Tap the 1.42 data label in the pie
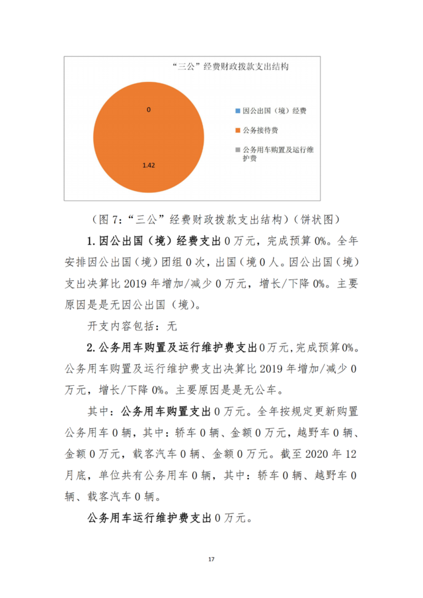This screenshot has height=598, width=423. pos(148,165)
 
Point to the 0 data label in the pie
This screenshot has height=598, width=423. pos(149,110)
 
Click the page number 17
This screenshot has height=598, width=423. pos(211,560)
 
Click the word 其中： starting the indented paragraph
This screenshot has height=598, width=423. pos(101,410)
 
